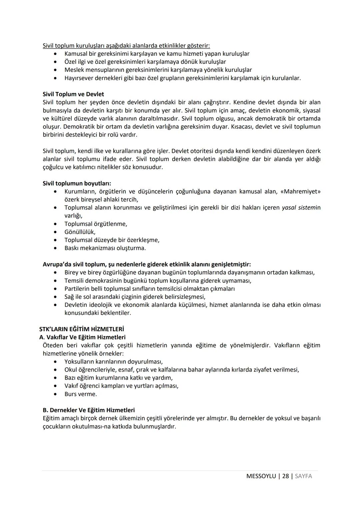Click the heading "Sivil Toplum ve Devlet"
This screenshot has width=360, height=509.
73,94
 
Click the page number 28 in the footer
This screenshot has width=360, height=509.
285,476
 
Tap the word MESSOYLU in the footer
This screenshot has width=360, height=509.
261,476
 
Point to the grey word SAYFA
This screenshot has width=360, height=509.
303,476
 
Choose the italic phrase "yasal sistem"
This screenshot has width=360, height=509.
299,207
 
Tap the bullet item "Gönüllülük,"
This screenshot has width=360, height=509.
80,232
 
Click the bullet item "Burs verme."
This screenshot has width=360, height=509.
81,394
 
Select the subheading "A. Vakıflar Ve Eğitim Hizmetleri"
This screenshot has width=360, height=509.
82,337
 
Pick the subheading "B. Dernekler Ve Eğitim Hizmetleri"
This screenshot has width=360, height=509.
89,410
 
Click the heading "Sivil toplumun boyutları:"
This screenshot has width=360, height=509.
77,183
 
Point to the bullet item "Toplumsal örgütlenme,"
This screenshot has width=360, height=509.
96,224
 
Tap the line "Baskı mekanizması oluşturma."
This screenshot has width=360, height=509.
105,248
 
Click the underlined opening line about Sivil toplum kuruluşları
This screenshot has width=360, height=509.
126,46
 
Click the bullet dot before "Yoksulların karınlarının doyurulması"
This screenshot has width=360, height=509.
55,362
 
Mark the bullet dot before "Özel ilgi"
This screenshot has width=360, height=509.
55,62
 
